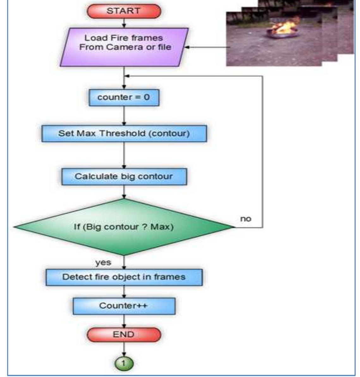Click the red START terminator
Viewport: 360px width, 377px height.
(x=124, y=11)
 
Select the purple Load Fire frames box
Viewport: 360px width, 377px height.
(x=124, y=47)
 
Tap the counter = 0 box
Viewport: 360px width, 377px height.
(x=124, y=97)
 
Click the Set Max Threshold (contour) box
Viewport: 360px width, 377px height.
(x=124, y=133)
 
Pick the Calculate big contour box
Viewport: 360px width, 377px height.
(x=124, y=176)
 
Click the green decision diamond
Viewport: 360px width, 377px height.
(x=124, y=227)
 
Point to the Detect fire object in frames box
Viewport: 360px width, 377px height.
(x=124, y=277)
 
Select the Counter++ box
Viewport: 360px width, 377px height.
(x=124, y=306)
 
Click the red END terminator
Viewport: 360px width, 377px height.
(x=124, y=334)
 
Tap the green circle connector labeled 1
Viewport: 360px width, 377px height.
(x=124, y=363)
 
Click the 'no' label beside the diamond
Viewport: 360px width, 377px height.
(x=246, y=219)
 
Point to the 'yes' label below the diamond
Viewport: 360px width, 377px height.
(x=103, y=262)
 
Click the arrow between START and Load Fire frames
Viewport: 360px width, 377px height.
(x=124, y=23)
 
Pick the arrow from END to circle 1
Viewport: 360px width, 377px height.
(x=124, y=349)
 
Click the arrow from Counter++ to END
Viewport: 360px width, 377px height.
(x=124, y=321)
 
